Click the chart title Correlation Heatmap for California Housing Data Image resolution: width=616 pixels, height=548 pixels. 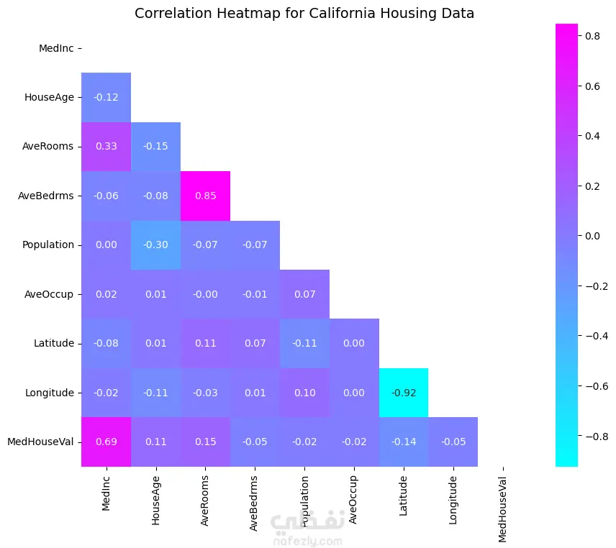click(x=304, y=14)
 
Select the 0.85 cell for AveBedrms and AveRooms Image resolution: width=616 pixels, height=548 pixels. click(x=205, y=196)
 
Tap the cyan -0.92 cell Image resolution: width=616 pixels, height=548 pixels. click(x=403, y=393)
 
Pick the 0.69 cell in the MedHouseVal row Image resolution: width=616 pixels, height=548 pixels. click(x=107, y=442)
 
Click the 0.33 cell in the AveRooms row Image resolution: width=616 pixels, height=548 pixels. click(x=107, y=147)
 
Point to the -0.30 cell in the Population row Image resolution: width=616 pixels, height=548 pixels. click(x=156, y=245)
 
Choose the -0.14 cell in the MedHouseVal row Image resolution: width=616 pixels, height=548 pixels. click(x=403, y=442)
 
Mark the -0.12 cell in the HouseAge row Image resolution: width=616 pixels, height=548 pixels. click(x=107, y=97)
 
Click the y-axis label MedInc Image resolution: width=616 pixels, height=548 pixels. click(x=56, y=48)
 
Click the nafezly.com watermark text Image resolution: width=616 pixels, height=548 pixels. click(x=307, y=541)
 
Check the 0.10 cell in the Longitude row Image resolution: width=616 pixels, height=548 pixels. click(x=304, y=393)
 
